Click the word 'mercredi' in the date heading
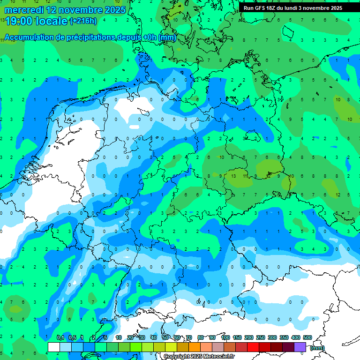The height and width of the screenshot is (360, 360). coord(23,10)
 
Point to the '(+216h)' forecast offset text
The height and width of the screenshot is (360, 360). coord(83,21)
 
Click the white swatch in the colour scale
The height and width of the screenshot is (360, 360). coord(54,347)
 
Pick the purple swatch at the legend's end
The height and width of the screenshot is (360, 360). coord(300,347)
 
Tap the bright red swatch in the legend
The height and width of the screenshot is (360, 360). coord(253,347)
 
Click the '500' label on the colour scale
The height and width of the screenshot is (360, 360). coord(307,338)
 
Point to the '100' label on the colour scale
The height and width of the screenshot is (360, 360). coord(225,338)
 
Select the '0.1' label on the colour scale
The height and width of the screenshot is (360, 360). coord(60,338)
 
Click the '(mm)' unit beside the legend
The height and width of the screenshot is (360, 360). coord(317,348)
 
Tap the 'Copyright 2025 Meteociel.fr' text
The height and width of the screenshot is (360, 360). coord(199,357)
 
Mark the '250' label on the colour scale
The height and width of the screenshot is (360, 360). coord(261,338)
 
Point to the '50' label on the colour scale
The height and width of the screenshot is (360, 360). coord(165,338)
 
